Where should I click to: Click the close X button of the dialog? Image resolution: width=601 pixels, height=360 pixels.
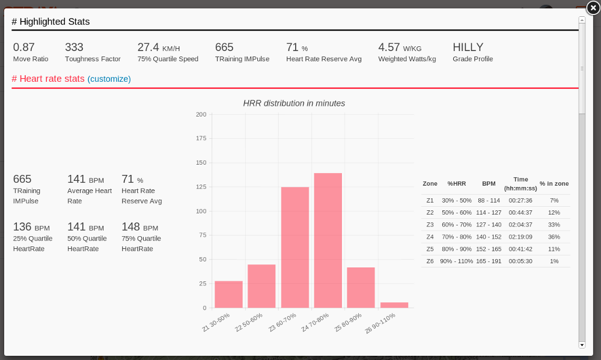click(593, 8)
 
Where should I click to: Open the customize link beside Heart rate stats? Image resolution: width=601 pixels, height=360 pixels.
click(109, 79)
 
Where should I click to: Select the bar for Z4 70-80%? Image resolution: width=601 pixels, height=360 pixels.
click(328, 240)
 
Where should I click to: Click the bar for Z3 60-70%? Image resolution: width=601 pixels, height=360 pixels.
click(295, 247)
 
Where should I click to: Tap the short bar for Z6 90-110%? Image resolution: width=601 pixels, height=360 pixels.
click(394, 305)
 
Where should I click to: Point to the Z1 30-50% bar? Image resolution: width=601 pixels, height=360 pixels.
click(228, 294)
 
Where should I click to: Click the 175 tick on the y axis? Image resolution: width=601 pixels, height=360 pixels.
click(201, 138)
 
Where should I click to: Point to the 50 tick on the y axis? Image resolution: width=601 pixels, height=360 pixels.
click(202, 259)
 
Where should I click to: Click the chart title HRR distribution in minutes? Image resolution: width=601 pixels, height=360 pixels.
click(294, 103)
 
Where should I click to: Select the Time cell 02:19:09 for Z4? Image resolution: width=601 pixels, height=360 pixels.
click(520, 237)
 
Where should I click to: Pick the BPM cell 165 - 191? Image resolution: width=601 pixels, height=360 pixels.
click(488, 261)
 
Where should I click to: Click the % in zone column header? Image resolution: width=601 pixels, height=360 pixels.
click(554, 183)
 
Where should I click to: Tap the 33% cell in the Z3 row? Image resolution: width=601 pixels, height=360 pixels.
click(554, 225)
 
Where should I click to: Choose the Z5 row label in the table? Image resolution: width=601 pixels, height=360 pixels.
click(430, 249)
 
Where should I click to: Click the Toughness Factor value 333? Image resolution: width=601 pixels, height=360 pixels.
click(75, 47)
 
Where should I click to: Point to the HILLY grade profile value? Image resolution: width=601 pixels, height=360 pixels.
click(468, 47)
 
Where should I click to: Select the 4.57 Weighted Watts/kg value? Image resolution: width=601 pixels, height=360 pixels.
click(389, 47)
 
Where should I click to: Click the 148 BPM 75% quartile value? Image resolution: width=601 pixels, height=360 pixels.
click(130, 227)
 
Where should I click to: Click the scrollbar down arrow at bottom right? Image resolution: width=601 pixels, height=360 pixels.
click(581, 345)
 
